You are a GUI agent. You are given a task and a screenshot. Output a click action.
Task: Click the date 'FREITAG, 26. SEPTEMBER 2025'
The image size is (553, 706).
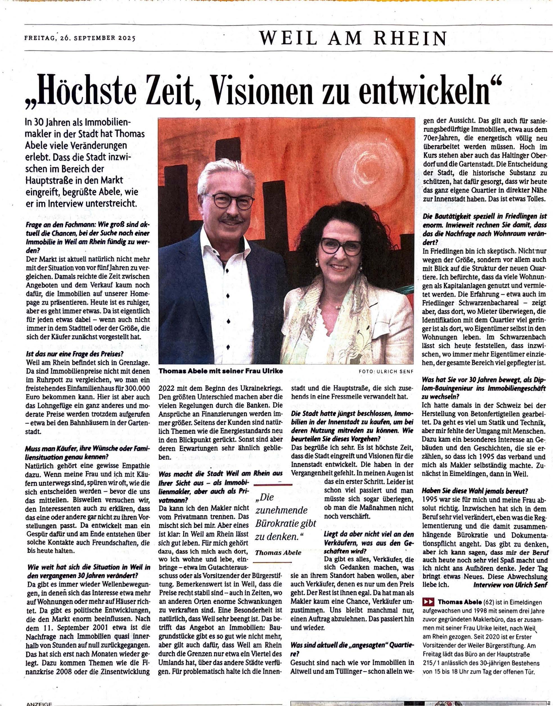pyautogui.click(x=80, y=38)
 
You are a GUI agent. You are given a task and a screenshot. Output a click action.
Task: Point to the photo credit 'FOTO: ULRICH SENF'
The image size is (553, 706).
pyautogui.click(x=386, y=371)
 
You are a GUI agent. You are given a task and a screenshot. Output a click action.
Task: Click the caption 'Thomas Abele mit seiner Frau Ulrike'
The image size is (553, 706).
pyautogui.click(x=220, y=371)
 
